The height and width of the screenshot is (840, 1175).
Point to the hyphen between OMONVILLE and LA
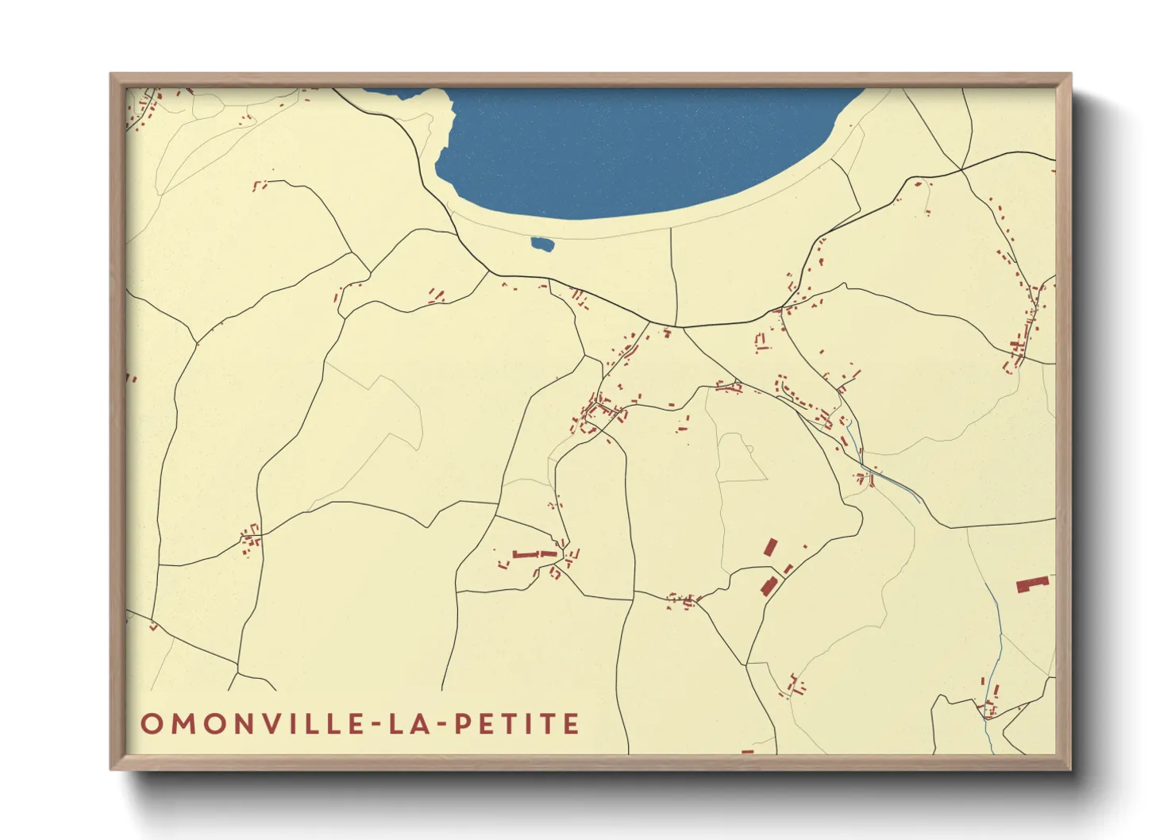(x=386, y=725)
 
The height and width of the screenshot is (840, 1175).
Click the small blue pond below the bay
(x=541, y=244)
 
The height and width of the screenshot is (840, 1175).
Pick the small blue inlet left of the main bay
(x=393, y=92)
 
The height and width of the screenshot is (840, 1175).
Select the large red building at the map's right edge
(x=1033, y=584)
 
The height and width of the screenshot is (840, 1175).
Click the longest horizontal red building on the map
(x=534, y=554)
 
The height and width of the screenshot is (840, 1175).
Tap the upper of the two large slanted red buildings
(x=770, y=547)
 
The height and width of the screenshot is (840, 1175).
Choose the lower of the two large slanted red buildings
(x=768, y=586)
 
